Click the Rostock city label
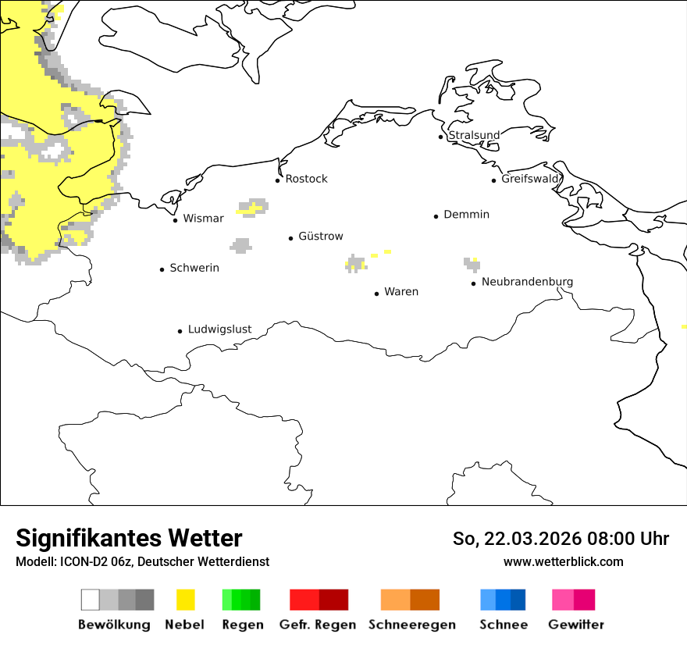tap(306, 179)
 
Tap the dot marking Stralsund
tap(440, 137)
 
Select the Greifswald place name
tap(530, 179)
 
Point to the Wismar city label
tap(203, 219)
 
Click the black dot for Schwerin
tap(162, 269)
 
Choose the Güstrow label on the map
tap(320, 237)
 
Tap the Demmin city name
tap(466, 215)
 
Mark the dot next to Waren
tap(376, 294)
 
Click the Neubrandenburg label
tap(527, 282)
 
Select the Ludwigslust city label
tap(219, 329)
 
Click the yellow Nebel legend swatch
tap(186, 600)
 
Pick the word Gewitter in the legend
tap(576, 625)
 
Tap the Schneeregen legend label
tap(411, 625)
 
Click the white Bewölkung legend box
tap(91, 600)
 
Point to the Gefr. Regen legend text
tap(318, 625)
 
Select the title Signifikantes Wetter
tap(129, 538)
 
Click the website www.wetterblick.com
tap(563, 561)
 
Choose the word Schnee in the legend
tap(504, 625)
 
